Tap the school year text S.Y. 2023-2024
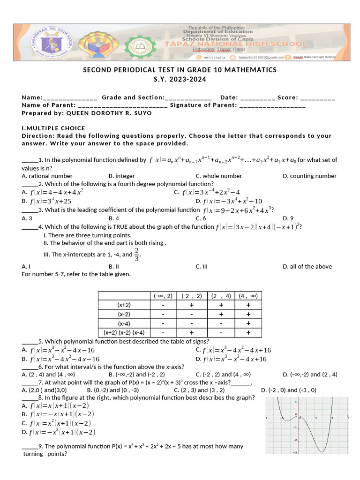pyautogui.click(x=180, y=79)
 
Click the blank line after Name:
pyautogui.click(x=70, y=98)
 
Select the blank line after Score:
pyautogui.click(x=317, y=98)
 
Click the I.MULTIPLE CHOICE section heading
pyautogui.click(x=53, y=128)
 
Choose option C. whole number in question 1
pyautogui.click(x=218, y=176)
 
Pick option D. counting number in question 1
pyautogui.click(x=309, y=176)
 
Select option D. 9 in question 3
pyautogui.click(x=288, y=218)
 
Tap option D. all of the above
pyautogui.click(x=307, y=266)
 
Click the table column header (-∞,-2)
pyautogui.click(x=163, y=296)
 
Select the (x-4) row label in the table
pyautogui.click(x=124, y=323)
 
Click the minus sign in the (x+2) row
pyautogui.click(x=163, y=305)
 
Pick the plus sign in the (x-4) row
pyautogui.click(x=248, y=323)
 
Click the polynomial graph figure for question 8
pyautogui.click(x=307, y=424)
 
